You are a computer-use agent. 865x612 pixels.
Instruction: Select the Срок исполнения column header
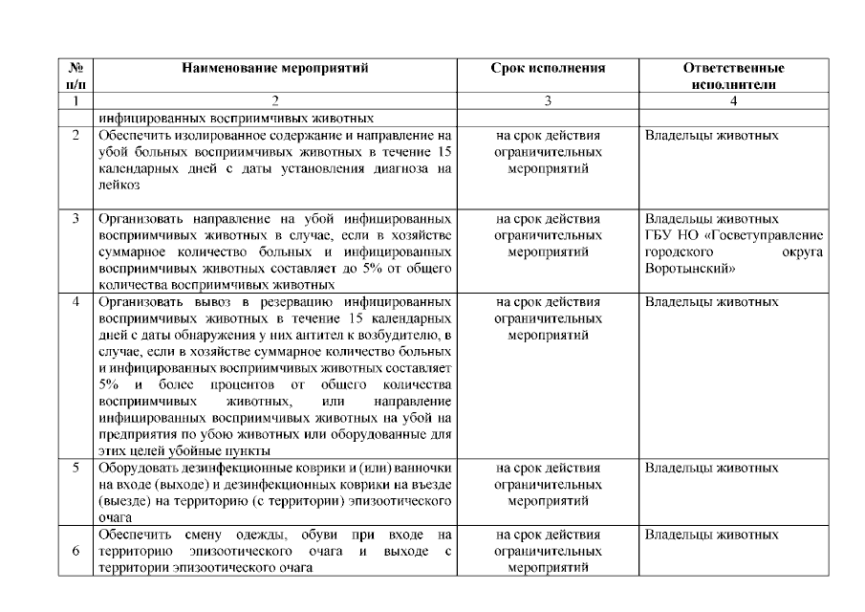click(x=549, y=69)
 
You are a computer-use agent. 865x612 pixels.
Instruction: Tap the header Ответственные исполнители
click(x=734, y=76)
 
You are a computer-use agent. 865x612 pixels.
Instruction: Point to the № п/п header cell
click(x=76, y=76)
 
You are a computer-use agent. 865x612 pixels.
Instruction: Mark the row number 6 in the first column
click(x=76, y=551)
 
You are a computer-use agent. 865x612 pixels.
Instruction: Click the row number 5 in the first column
click(x=76, y=469)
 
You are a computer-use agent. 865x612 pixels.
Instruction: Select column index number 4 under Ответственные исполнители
click(x=734, y=100)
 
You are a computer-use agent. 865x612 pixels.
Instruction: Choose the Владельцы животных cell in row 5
click(x=712, y=469)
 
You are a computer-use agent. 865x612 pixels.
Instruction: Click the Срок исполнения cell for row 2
click(x=549, y=152)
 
